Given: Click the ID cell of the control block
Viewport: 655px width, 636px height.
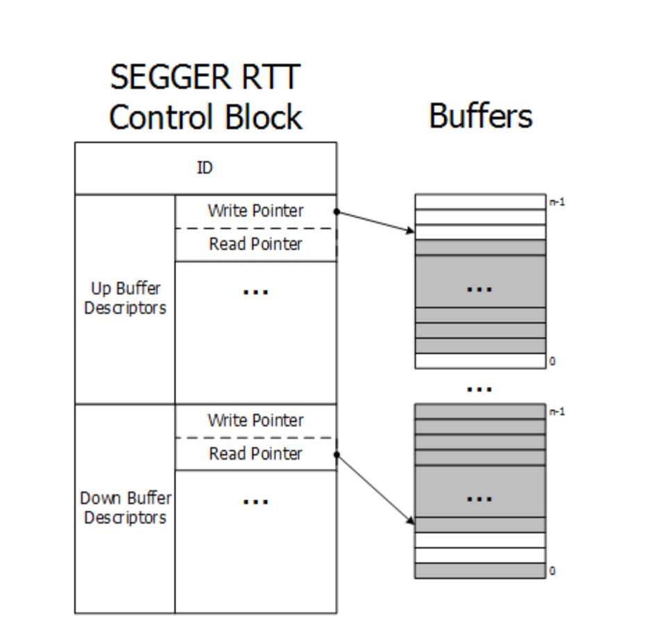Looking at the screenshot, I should tap(205, 169).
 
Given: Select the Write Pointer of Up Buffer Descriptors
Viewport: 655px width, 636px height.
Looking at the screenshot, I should tap(255, 210).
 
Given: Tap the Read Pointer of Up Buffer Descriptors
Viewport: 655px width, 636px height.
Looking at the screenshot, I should tap(255, 244).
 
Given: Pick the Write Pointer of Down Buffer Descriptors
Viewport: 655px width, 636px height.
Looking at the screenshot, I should tap(255, 420).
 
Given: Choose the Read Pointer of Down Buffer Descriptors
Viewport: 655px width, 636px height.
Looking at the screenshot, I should tap(255, 454).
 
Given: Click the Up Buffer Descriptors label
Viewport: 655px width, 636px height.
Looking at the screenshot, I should tap(125, 299).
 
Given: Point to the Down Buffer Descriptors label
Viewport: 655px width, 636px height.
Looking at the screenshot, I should tap(126, 508).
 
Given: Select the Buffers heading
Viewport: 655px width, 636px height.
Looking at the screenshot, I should tap(481, 115).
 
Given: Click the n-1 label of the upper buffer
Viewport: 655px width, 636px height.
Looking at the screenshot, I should tap(556, 203).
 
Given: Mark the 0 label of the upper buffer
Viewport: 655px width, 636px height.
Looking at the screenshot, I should tap(552, 361).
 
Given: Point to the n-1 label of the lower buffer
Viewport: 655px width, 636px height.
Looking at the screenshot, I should tap(556, 412).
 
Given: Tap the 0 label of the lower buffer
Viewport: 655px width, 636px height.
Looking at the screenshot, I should tap(552, 571).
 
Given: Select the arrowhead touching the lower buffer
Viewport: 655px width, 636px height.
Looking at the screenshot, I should tap(411, 520).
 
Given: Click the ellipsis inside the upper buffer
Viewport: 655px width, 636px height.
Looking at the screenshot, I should tap(479, 288).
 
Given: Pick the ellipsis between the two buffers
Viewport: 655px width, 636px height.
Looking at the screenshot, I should tap(479, 390).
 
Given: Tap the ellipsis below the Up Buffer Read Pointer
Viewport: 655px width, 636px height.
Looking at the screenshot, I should tap(255, 292).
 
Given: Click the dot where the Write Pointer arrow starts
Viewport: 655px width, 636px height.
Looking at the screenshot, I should tap(337, 210).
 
